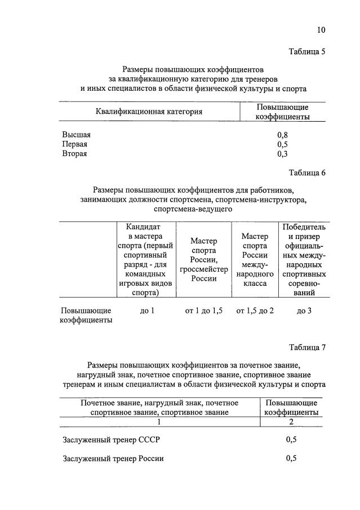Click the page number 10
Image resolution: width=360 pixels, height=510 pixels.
[321, 30]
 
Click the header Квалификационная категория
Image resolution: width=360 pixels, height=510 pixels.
[149, 112]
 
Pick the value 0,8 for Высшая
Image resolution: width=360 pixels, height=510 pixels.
[283, 135]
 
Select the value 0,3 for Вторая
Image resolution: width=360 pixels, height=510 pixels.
[283, 154]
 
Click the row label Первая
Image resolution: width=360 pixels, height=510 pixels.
[74, 144]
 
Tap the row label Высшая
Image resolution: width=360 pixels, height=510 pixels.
[76, 135]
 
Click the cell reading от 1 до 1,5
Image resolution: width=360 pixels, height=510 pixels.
[204, 311]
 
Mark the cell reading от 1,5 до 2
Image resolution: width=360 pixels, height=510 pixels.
[255, 311]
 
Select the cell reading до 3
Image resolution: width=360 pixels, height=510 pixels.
[304, 311]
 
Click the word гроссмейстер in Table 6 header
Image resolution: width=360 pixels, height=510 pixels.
[204, 269]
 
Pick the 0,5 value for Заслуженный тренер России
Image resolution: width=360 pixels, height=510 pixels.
[291, 459]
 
